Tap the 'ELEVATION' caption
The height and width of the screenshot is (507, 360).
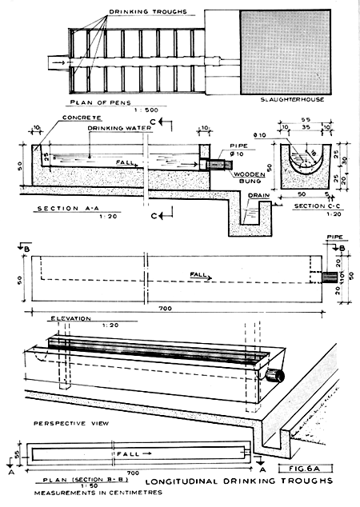click(71, 317)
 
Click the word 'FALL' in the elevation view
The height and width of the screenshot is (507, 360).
click(201, 274)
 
